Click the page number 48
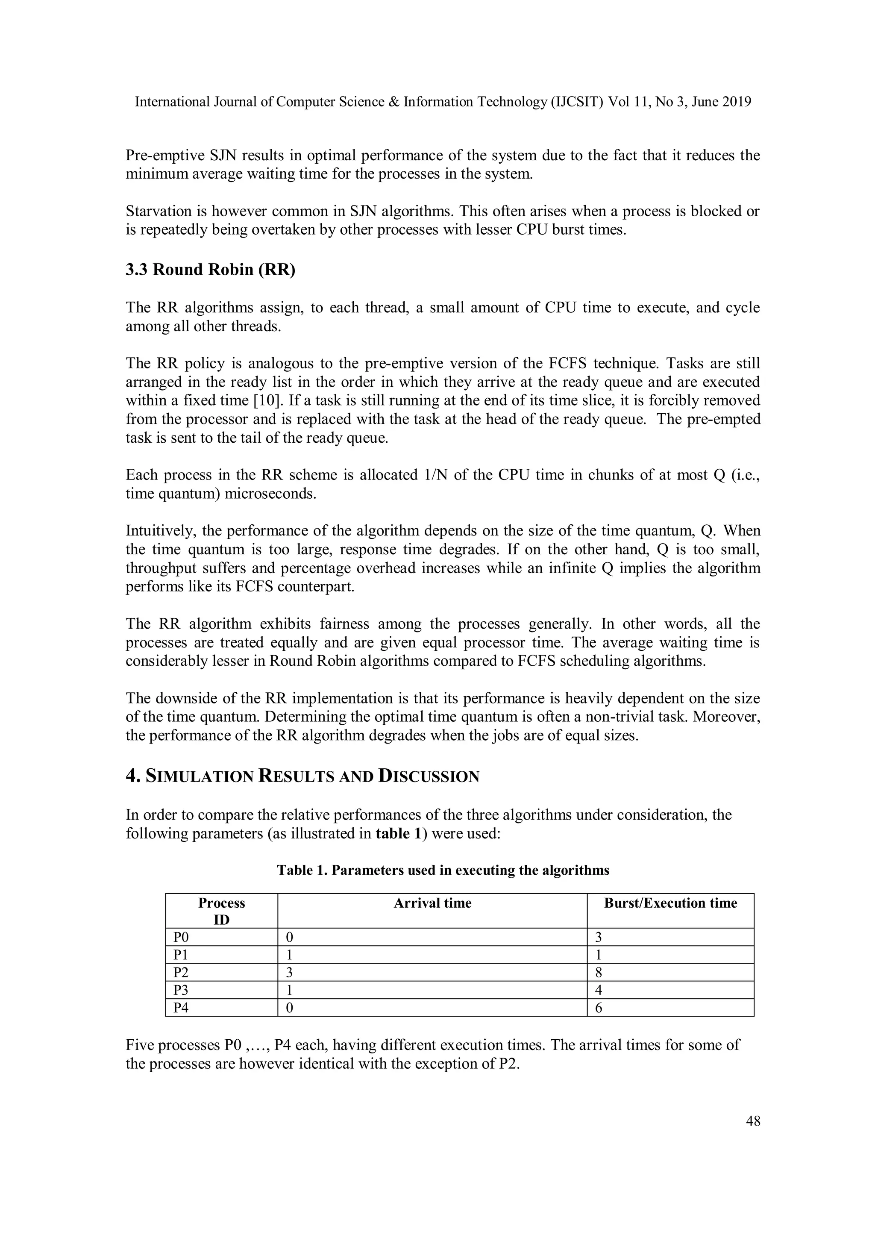[x=753, y=1121]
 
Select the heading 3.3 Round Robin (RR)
[x=210, y=270]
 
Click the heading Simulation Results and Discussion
[x=302, y=776]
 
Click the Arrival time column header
[x=432, y=903]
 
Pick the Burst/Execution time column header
[x=670, y=903]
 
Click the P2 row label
[x=181, y=972]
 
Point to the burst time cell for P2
[x=599, y=972]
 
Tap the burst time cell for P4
[x=599, y=1007]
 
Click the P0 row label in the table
[x=181, y=937]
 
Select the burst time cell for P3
[x=599, y=990]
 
